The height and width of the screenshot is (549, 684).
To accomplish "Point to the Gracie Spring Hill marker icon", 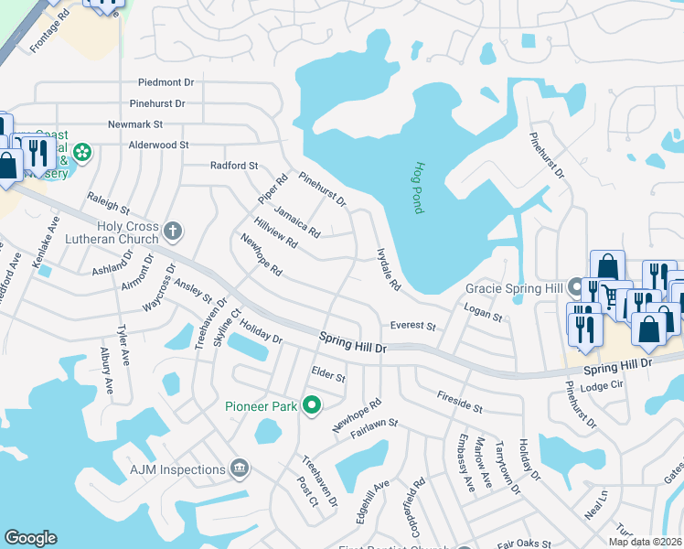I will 575,287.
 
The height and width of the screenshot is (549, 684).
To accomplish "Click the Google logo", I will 31,538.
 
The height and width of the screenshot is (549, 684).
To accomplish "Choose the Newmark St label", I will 134,124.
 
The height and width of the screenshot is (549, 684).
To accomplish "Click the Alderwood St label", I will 158,145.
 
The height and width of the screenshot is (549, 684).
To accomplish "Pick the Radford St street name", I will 234,166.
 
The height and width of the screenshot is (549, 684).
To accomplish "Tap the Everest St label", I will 413,326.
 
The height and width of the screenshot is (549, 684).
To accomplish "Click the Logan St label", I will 484,316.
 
